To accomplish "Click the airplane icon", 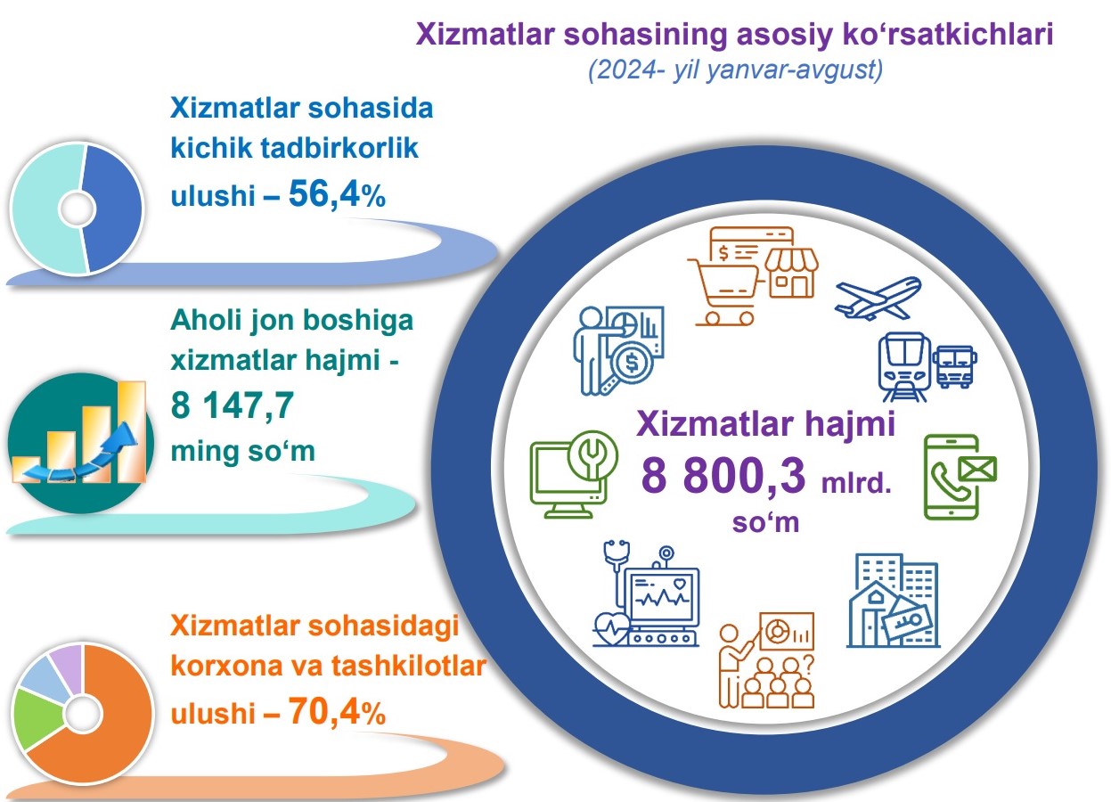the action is click(878, 298).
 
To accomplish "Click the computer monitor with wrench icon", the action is click(574, 475).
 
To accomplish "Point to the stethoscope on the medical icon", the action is click(617, 566).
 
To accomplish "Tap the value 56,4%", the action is click(337, 193).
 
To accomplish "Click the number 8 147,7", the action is click(233, 405).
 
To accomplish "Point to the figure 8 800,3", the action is click(723, 475).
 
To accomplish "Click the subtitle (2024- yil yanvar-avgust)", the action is click(736, 69).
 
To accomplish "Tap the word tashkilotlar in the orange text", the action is click(409, 666).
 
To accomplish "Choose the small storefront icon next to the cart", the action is click(791, 272).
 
